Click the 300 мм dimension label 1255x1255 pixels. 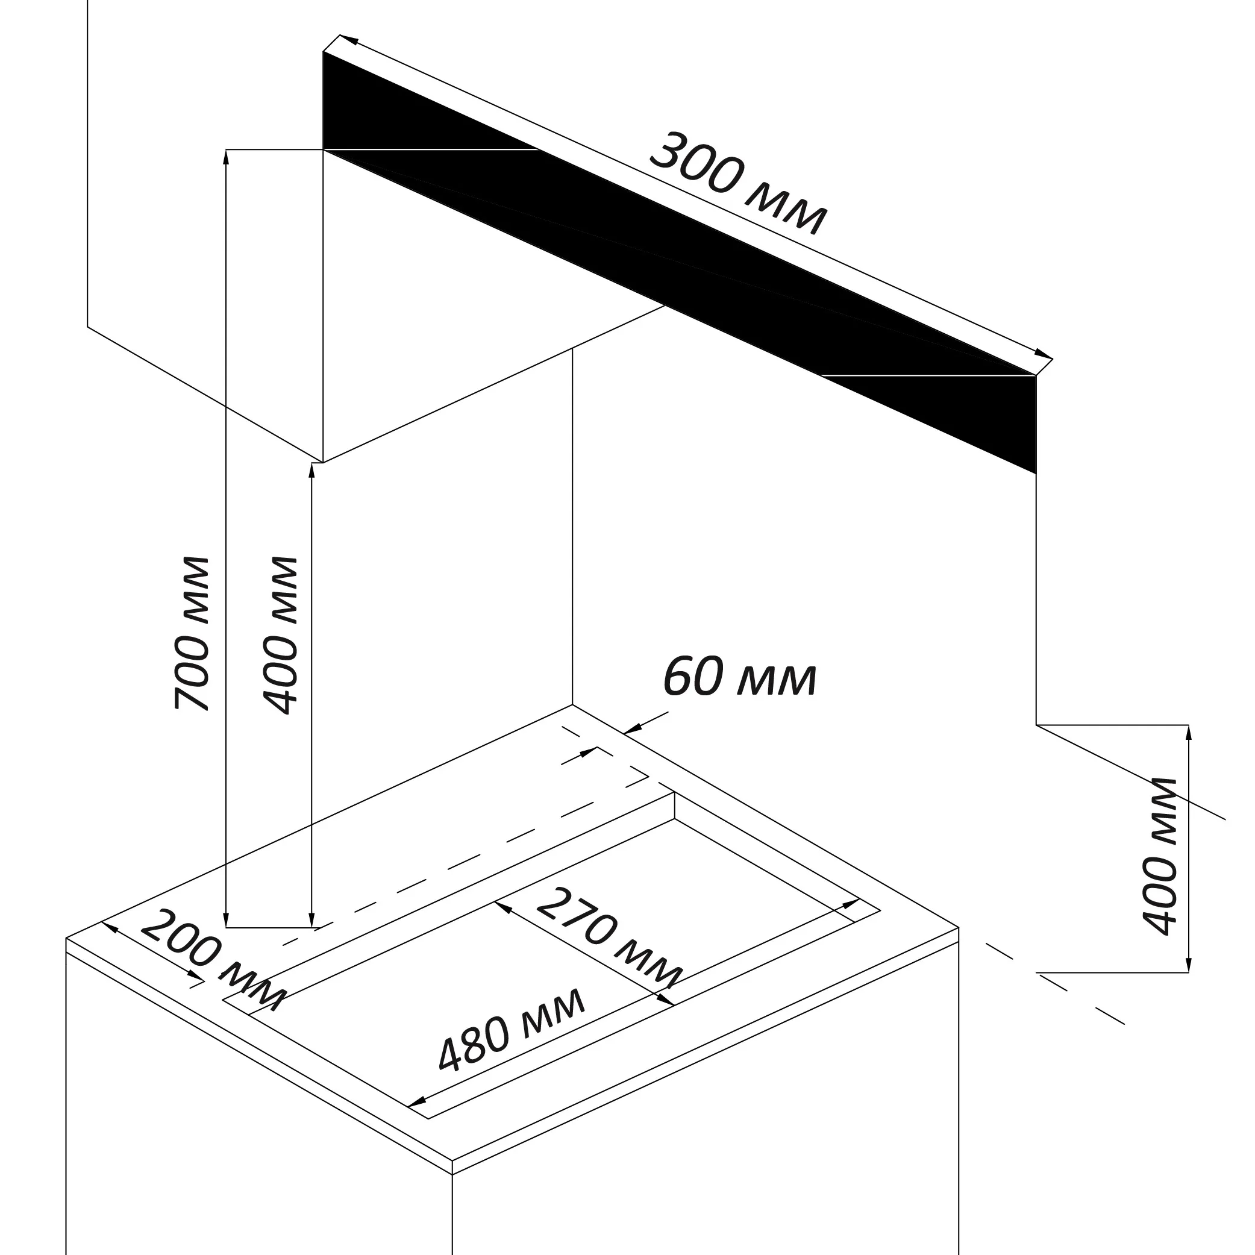pyautogui.click(x=739, y=183)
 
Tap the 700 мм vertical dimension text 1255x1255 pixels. pyautogui.click(x=192, y=633)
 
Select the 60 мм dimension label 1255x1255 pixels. pyautogui.click(x=739, y=678)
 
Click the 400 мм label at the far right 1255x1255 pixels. pyautogui.click(x=1160, y=856)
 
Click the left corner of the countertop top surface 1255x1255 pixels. pyautogui.click(x=66, y=938)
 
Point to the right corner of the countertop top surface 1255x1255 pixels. pyautogui.click(x=958, y=928)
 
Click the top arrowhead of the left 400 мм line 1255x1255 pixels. pyautogui.click(x=312, y=471)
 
